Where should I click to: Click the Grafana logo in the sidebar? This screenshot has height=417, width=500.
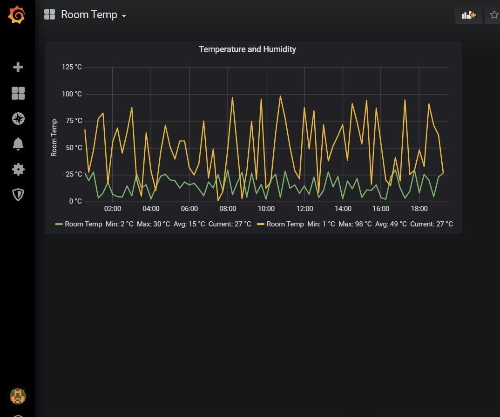click(x=17, y=15)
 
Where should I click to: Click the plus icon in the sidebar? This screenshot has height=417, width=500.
click(x=18, y=67)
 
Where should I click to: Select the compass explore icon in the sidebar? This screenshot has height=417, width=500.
click(x=18, y=119)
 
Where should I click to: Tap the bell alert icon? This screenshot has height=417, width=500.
click(x=18, y=144)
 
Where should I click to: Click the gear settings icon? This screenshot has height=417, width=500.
click(x=18, y=169)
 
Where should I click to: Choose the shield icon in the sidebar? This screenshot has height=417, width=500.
click(x=18, y=194)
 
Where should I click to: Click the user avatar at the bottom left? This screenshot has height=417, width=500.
click(x=18, y=396)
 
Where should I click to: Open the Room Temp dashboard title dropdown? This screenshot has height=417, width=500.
click(x=93, y=15)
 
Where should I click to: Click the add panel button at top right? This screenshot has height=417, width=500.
click(x=468, y=15)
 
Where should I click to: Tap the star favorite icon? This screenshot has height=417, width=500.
click(x=493, y=15)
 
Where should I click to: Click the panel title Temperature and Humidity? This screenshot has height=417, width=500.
click(x=247, y=49)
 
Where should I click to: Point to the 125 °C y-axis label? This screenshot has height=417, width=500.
click(x=71, y=67)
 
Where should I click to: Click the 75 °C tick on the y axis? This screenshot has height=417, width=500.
click(x=73, y=121)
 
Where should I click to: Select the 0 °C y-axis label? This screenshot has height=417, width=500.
click(x=75, y=201)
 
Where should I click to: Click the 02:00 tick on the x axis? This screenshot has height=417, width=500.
click(x=112, y=209)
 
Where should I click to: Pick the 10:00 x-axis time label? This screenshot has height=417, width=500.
click(x=266, y=209)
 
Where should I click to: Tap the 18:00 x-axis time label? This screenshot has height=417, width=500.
click(x=419, y=209)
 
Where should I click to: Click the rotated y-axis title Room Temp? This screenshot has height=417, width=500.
click(x=54, y=137)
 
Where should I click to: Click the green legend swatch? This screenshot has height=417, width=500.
click(x=59, y=224)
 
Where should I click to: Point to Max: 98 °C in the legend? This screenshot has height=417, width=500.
click(x=355, y=224)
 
